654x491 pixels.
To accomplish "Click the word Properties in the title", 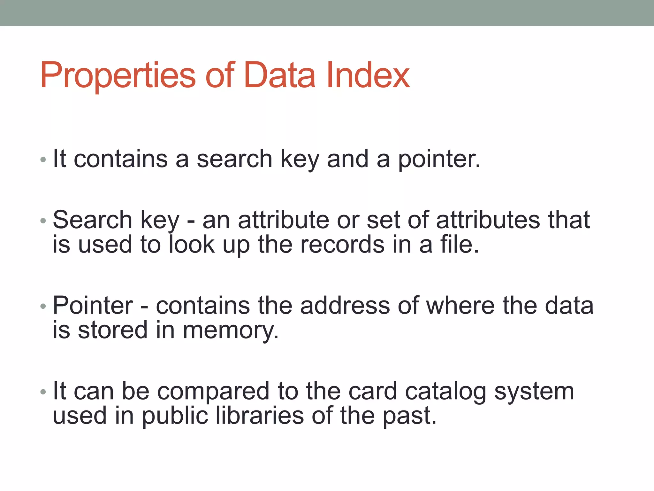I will pyautogui.click(x=118, y=76).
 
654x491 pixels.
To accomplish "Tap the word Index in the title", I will pyautogui.click(x=368, y=76).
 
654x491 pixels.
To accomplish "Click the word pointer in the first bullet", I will pyautogui.click(x=438, y=159).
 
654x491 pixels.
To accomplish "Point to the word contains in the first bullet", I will pyautogui.click(x=120, y=159).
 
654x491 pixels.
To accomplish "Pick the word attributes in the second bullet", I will pyautogui.click(x=488, y=220).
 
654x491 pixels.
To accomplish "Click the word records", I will pyautogui.click(x=342, y=245).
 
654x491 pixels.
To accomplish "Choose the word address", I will pyautogui.click(x=345, y=306).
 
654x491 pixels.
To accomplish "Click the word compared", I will pyautogui.click(x=213, y=392).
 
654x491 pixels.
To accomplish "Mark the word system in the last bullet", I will pyautogui.click(x=534, y=392).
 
